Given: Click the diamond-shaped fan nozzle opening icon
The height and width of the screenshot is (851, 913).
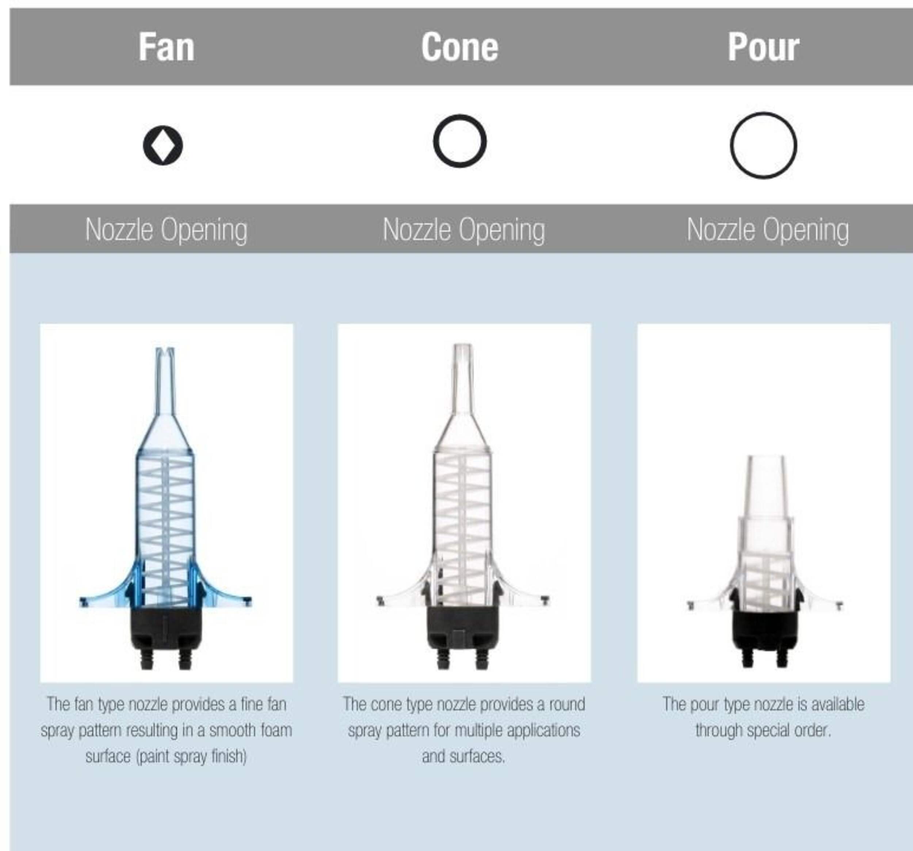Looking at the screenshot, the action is (x=163, y=145).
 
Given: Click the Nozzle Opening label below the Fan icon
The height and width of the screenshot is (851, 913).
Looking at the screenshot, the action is (x=166, y=230).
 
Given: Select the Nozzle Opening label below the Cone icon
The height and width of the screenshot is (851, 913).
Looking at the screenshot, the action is (x=464, y=230).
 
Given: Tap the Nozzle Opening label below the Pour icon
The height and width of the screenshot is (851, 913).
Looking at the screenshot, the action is (x=767, y=230).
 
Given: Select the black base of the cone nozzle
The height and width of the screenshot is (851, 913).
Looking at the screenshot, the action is (x=463, y=637).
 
